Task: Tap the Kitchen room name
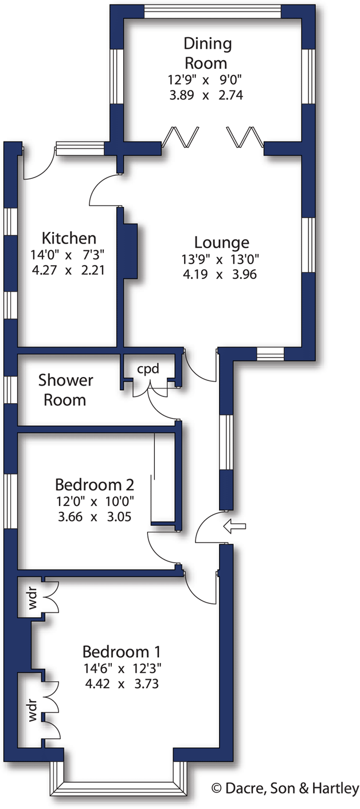[69, 238]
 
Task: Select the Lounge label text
[221, 242]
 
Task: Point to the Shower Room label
[65, 390]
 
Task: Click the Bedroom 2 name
[95, 485]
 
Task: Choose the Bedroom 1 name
[122, 651]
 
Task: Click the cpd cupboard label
[147, 368]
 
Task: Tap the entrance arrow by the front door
[235, 525]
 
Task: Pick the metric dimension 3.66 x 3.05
[95, 516]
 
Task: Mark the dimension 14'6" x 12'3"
[122, 667]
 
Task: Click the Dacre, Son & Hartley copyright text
[285, 788]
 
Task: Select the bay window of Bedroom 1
[119, 781]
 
